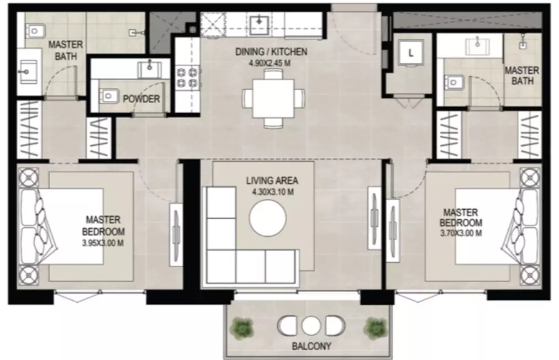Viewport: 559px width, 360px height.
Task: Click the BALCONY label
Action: coord(311,346)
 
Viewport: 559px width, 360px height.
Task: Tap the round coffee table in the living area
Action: coord(268,218)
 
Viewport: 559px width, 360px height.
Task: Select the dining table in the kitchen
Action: coord(274,98)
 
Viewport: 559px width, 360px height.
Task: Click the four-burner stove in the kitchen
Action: coord(187,78)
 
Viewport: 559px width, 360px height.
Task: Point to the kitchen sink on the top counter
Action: coord(259,24)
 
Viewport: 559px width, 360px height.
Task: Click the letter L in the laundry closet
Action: coord(411,54)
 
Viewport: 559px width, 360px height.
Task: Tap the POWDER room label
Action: coord(141,99)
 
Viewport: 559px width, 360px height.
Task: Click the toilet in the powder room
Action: coord(108,96)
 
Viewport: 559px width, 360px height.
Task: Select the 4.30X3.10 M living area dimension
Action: coord(273,192)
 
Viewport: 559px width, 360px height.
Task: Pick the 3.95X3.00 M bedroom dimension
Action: coord(103,243)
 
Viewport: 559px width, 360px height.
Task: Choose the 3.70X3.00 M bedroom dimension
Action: coord(461,234)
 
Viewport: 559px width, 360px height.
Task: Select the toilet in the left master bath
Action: coord(35,31)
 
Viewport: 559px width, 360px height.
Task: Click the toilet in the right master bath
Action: coord(453,83)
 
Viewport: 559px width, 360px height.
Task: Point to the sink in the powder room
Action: coord(150,69)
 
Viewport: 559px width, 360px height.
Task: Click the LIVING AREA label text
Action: coord(272,181)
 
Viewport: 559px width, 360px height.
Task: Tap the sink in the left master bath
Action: coord(28,71)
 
